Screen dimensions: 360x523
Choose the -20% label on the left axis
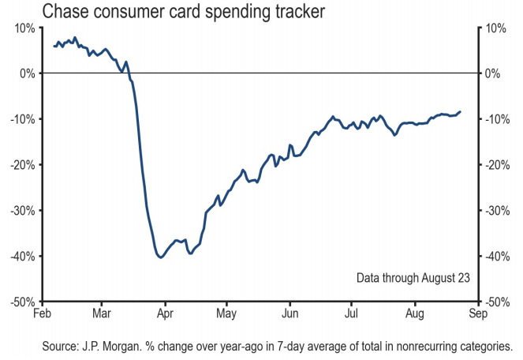(22, 165)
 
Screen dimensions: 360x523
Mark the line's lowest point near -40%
(160, 257)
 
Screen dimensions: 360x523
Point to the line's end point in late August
(461, 111)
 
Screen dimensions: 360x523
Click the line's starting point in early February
(54, 46)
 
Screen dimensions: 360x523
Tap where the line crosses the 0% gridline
(129, 73)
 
